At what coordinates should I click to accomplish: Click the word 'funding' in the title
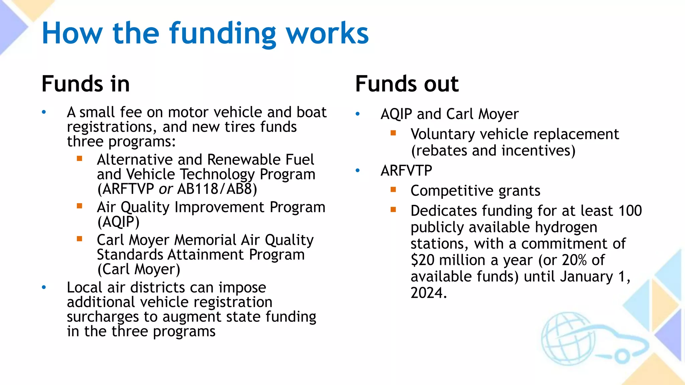point(222,33)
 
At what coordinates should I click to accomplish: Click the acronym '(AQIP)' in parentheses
point(118,222)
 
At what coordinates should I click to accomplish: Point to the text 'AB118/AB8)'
point(217,189)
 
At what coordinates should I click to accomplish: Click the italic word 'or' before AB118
point(166,189)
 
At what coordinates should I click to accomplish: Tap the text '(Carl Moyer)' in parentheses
point(139,269)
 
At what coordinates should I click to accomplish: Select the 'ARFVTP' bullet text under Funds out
point(406,171)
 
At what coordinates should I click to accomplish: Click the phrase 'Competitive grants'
point(475,191)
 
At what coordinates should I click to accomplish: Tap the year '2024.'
point(428,293)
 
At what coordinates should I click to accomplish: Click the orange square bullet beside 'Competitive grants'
point(393,190)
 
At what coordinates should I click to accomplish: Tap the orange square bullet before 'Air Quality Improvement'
point(80,206)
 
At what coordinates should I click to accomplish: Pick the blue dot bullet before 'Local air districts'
point(44,287)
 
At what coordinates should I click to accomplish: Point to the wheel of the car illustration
point(622,356)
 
